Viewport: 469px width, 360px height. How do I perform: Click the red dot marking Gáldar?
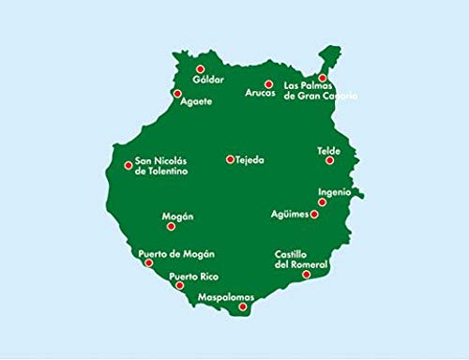[x=200, y=68]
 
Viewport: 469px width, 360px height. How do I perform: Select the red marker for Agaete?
[x=177, y=94]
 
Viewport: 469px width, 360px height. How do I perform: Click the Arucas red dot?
[x=268, y=83]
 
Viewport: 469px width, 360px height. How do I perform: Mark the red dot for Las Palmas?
[x=323, y=78]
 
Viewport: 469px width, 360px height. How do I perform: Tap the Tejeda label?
[x=250, y=160]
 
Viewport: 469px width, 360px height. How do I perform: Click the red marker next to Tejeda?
[x=230, y=159]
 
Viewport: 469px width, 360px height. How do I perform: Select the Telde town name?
[x=329, y=150]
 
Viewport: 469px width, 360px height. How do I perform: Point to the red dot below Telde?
[x=329, y=160]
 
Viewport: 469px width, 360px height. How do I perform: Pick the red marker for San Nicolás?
[x=129, y=166]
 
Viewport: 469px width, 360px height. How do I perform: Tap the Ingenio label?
[x=335, y=192]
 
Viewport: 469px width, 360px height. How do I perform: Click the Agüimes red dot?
[x=314, y=214]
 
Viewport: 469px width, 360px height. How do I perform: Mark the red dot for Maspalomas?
[x=243, y=307]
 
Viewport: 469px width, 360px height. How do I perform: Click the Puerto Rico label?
[x=193, y=277]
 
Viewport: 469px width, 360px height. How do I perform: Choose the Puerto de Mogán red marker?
[x=149, y=263]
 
